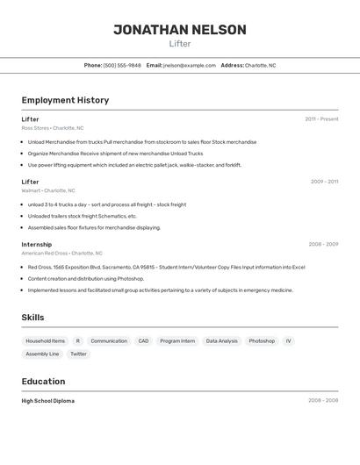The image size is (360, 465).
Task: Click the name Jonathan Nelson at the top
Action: [x=180, y=30]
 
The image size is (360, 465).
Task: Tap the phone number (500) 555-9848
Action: [x=122, y=65]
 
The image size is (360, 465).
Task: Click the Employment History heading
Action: [x=65, y=100]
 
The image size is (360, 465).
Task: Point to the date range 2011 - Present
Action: [x=321, y=119]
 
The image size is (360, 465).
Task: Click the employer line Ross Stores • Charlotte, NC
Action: [x=53, y=128]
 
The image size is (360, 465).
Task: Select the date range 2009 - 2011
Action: [x=324, y=182]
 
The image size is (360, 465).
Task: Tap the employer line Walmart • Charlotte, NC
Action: [x=48, y=190]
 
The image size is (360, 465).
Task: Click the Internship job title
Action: [x=37, y=245]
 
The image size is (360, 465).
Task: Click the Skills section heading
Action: [x=32, y=318]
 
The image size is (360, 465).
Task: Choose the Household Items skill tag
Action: [x=46, y=340]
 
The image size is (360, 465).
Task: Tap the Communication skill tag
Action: [x=109, y=340]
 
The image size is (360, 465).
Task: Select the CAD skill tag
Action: [x=143, y=340]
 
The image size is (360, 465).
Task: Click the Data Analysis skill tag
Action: [x=221, y=340]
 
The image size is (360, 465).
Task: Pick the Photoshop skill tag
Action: [x=262, y=340]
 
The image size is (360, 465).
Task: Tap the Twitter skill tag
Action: [x=79, y=354]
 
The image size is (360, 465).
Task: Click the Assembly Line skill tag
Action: [x=42, y=354]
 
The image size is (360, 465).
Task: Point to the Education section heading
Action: [x=43, y=382]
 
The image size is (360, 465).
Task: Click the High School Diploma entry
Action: [x=48, y=401]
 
